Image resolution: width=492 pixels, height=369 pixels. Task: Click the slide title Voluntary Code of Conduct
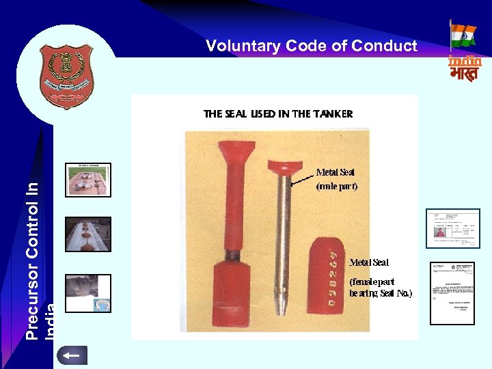[x=311, y=46]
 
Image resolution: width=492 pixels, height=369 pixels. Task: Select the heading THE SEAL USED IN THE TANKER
[x=278, y=114]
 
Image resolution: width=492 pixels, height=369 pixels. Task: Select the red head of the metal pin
[x=286, y=165]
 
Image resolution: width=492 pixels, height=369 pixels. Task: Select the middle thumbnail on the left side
[x=88, y=234]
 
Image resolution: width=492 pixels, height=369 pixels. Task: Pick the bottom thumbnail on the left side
[x=88, y=292]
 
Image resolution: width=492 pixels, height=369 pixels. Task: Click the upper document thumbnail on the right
[x=452, y=228]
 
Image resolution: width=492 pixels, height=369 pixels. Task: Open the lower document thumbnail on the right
[x=452, y=293]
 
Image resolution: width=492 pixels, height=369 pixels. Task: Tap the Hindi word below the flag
[x=465, y=73]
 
